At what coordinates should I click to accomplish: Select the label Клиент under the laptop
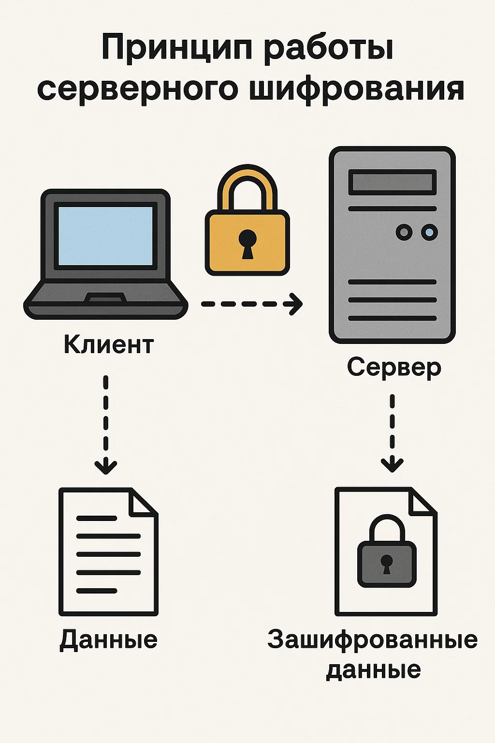[x=109, y=344]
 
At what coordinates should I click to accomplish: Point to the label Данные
[x=109, y=639]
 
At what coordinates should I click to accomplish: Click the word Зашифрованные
[x=372, y=639]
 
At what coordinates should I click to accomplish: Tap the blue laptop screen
[x=105, y=235]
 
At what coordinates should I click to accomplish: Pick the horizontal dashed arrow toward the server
[x=251, y=304]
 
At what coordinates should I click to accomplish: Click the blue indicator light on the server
[x=429, y=232]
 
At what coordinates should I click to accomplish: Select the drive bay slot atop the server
[x=393, y=182]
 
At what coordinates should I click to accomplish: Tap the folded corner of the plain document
[x=141, y=503]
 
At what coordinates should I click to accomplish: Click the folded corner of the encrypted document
[x=421, y=503]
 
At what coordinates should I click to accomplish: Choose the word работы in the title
[x=329, y=48]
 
